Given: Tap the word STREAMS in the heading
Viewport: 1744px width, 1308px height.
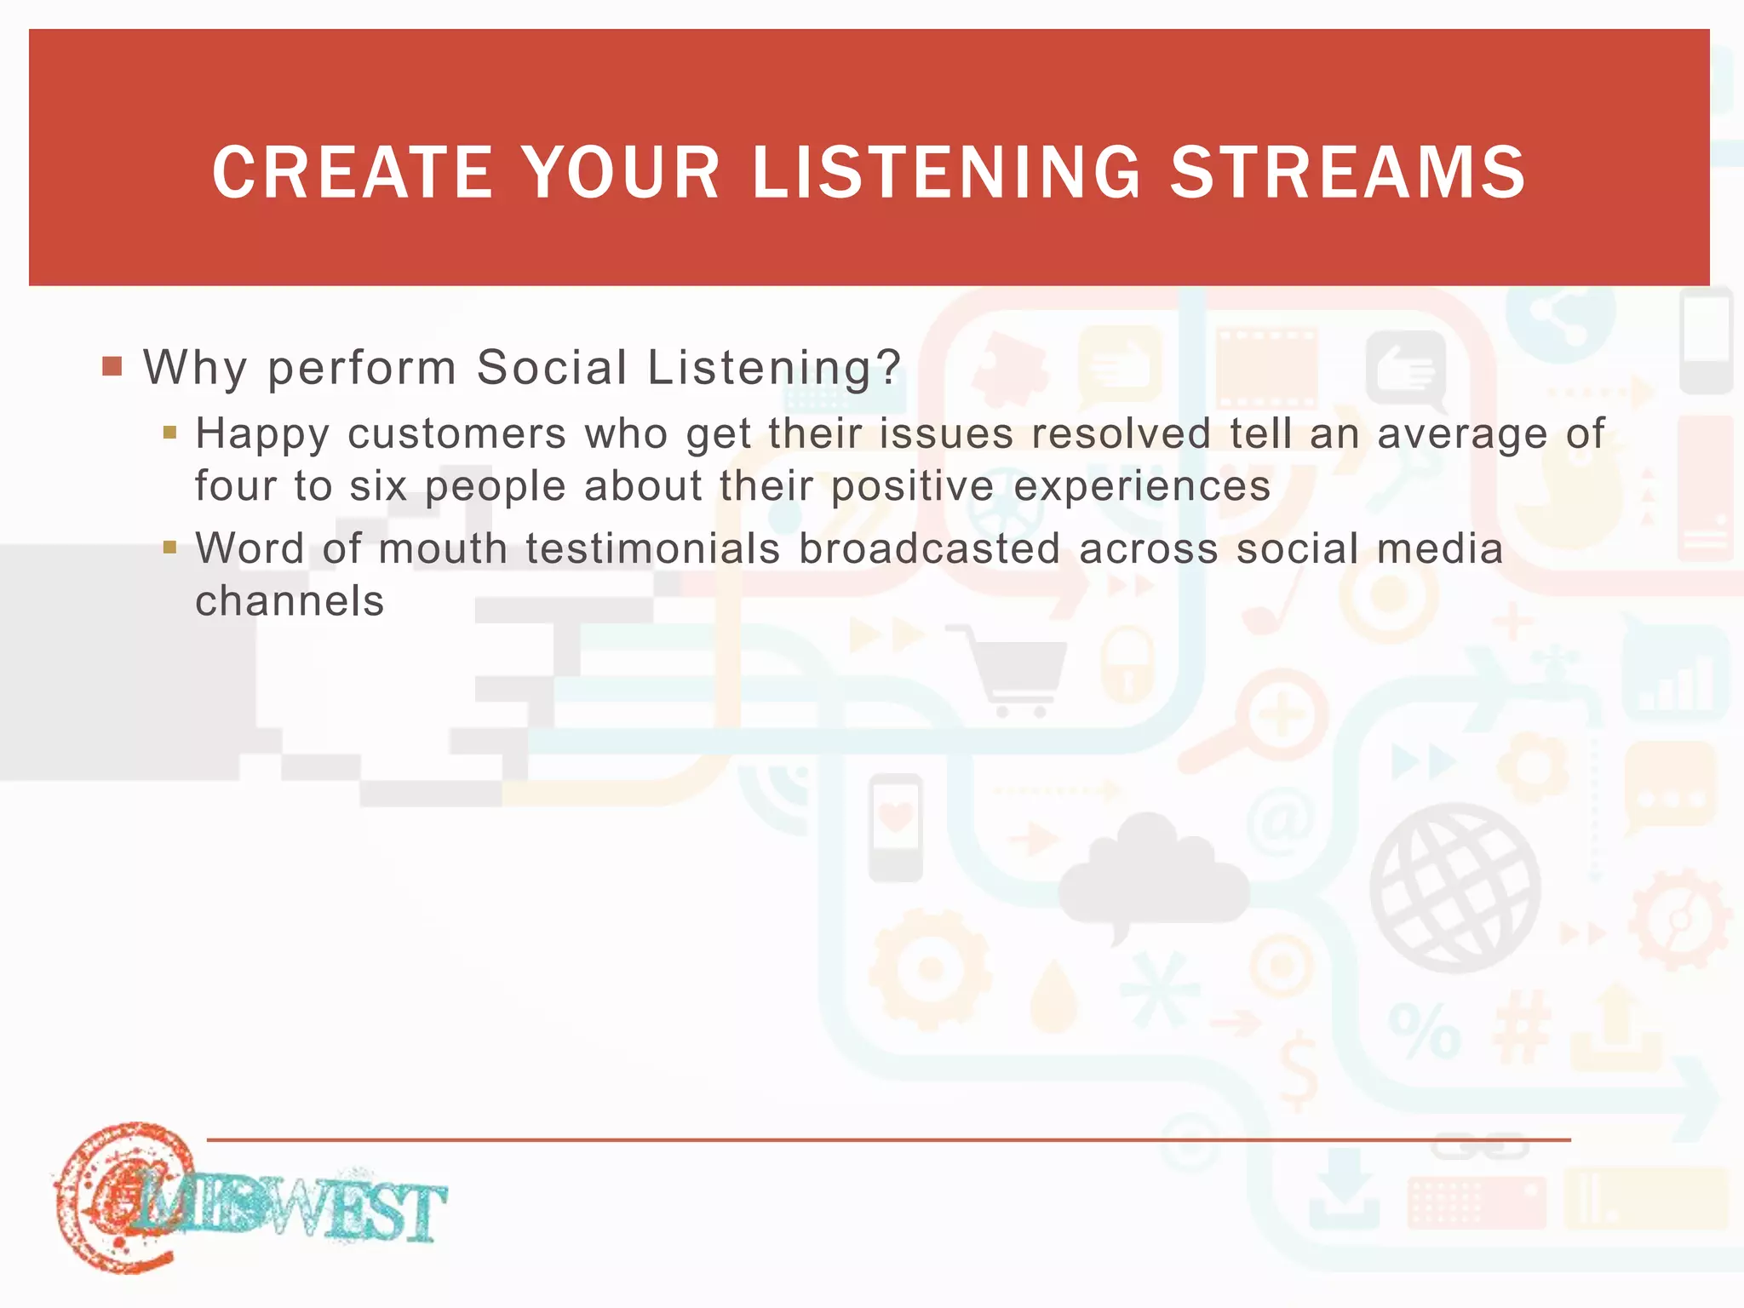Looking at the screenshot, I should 1348,173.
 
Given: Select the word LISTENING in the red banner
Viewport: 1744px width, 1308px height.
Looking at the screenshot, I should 946,173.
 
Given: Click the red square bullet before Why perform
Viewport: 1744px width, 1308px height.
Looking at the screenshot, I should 112,367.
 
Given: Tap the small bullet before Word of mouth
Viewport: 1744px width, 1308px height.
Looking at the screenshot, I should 169,547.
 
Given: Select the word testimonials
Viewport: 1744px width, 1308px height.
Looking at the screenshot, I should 652,548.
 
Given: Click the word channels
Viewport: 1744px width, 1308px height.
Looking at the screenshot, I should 290,601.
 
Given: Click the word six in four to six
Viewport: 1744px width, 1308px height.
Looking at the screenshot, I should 378,486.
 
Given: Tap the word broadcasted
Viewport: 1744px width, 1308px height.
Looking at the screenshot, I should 929,548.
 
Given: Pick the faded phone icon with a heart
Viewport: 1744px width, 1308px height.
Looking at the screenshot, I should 895,826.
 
